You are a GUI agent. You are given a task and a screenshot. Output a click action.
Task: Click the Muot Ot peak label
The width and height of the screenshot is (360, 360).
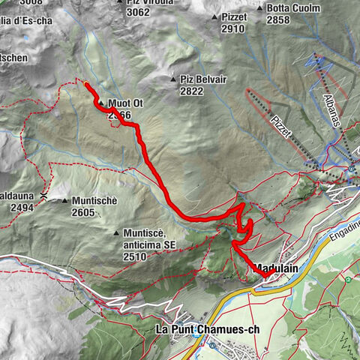click(125, 103)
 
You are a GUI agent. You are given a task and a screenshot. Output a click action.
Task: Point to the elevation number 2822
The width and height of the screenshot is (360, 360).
click(192, 90)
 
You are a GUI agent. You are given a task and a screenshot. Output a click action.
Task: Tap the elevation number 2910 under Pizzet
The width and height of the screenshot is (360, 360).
click(233, 28)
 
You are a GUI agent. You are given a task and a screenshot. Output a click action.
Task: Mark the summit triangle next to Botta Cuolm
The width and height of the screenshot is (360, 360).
click(259, 9)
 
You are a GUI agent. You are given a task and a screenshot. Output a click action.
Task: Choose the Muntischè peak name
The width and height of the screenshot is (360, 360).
click(94, 201)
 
